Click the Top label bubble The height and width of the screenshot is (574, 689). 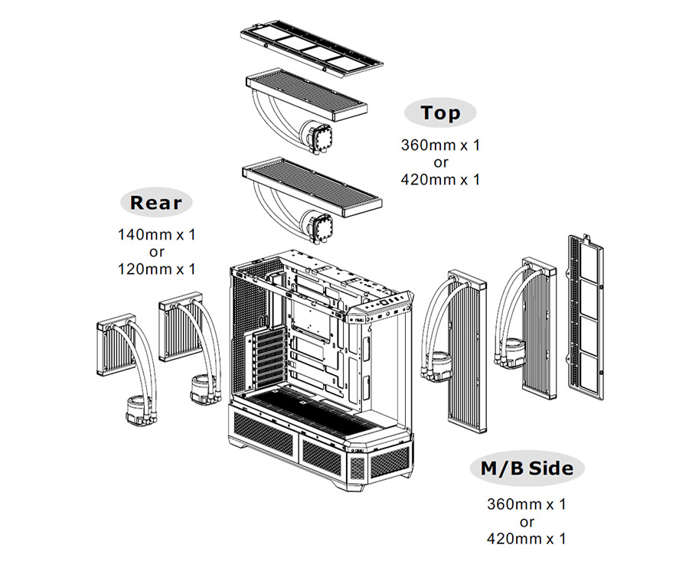tap(440, 113)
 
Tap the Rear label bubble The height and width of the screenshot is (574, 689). tap(157, 203)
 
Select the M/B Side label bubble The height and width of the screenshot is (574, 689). tap(527, 468)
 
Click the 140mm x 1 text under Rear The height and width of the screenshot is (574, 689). tap(157, 234)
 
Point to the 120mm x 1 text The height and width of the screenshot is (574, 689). tap(157, 269)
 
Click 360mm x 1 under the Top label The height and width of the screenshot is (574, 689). tap(440, 144)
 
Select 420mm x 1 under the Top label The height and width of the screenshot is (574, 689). tap(440, 179)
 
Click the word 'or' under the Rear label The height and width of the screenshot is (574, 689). tap(157, 252)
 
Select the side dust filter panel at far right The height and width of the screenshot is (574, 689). tap(585, 314)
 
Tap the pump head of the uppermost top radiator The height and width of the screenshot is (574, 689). tap(315, 139)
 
